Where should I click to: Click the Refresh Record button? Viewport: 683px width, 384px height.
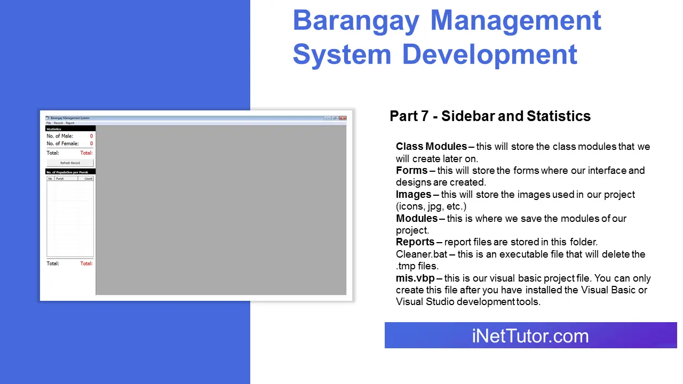(x=70, y=163)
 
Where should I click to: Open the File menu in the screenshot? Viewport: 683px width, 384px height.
(x=49, y=123)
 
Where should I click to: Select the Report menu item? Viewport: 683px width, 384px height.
(x=70, y=123)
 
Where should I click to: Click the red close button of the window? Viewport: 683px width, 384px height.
(x=343, y=118)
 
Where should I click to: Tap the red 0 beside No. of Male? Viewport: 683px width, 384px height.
(x=91, y=136)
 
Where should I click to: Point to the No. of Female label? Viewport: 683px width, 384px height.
(x=62, y=143)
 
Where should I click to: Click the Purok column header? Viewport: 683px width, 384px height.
(x=60, y=179)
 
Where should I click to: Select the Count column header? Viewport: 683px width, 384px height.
(x=89, y=179)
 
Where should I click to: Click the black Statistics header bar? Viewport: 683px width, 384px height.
(x=70, y=129)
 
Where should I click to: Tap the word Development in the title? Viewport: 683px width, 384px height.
(x=489, y=54)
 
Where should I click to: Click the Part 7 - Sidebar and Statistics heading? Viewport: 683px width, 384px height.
(x=490, y=116)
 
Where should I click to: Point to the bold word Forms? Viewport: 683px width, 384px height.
(x=411, y=171)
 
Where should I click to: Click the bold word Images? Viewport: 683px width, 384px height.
(x=414, y=195)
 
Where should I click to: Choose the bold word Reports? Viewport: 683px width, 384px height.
(x=415, y=242)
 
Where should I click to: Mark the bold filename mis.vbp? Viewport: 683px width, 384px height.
(x=415, y=278)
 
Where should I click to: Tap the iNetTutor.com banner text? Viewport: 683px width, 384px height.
(x=530, y=336)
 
